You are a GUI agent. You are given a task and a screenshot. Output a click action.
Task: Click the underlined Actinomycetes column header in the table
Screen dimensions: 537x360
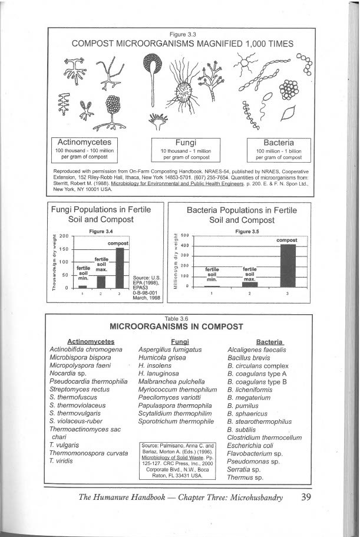pos(91,341)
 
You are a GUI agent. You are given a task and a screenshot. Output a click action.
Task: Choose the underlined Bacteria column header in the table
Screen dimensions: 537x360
pos(270,341)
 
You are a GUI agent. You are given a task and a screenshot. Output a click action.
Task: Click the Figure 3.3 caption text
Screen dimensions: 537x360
pos(182,34)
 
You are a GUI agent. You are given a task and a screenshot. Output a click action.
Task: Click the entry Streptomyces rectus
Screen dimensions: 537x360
pos(76,390)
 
